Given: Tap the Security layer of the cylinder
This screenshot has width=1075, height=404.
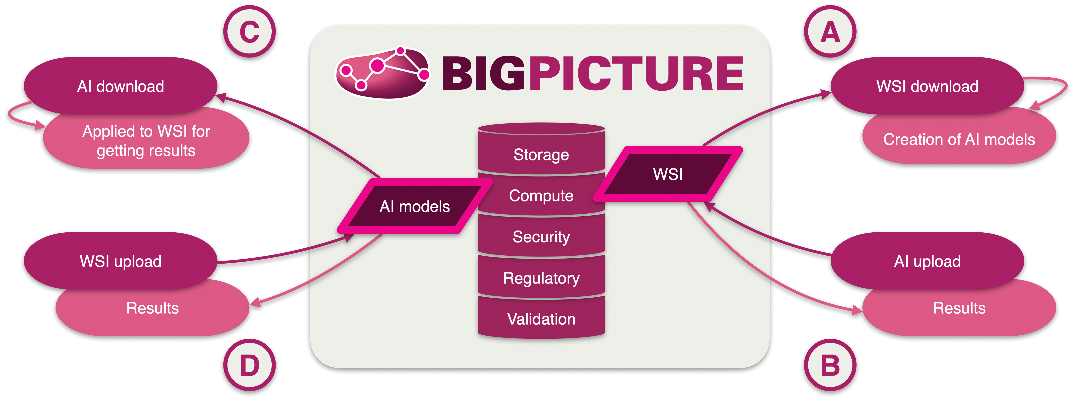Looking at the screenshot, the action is (x=541, y=236).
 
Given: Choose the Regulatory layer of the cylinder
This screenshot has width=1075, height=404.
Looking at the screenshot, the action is (x=541, y=278).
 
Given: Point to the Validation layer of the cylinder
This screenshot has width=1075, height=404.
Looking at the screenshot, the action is (x=541, y=318).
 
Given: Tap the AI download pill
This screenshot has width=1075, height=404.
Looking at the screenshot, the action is (x=121, y=86).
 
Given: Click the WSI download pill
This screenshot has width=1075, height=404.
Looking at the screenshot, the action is (x=927, y=86).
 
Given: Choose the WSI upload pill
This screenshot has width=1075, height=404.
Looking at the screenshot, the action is (x=121, y=261).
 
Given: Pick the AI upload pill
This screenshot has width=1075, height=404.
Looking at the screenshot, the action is (x=927, y=261).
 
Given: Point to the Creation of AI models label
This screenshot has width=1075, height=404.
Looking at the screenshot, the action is (x=959, y=139).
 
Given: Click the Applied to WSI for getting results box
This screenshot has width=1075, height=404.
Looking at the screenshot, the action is (x=146, y=141).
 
